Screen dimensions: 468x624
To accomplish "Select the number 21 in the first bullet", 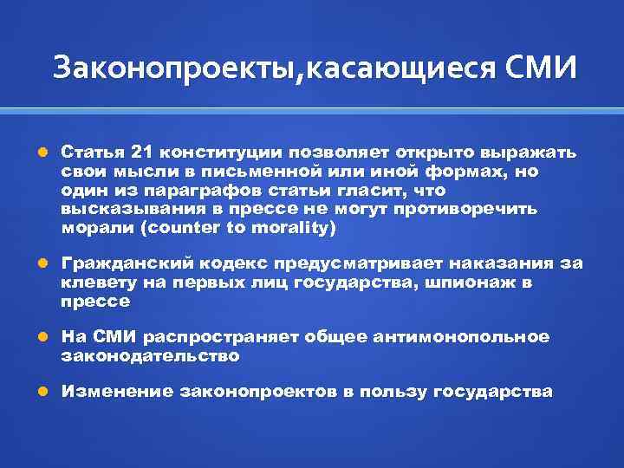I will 127,153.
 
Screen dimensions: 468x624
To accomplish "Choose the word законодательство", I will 150,355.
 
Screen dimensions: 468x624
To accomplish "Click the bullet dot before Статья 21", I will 44,153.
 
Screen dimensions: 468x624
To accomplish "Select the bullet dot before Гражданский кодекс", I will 44,263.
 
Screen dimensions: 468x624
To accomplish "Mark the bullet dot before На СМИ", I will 44,336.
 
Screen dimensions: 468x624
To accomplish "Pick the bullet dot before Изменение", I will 44,392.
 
